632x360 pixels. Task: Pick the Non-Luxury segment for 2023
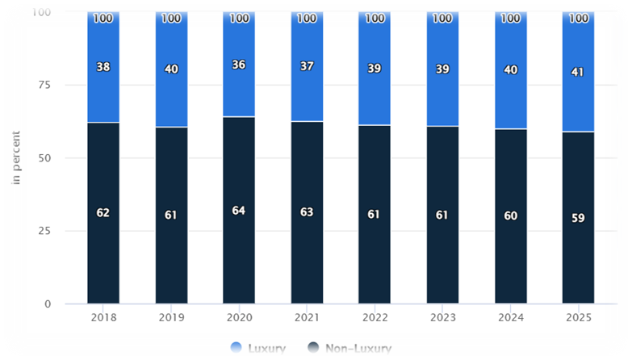(x=442, y=258)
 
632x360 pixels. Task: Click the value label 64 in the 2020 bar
(x=239, y=211)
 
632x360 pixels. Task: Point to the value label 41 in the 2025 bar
(x=578, y=72)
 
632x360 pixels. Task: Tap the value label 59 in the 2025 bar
(x=578, y=218)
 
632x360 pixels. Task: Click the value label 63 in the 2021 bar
(x=307, y=212)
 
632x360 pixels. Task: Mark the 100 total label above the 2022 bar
(x=375, y=18)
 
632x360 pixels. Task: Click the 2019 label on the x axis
(x=171, y=318)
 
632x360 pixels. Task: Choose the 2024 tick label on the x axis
(x=510, y=318)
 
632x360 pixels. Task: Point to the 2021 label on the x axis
(x=307, y=318)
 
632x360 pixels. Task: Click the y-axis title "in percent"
(x=16, y=158)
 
